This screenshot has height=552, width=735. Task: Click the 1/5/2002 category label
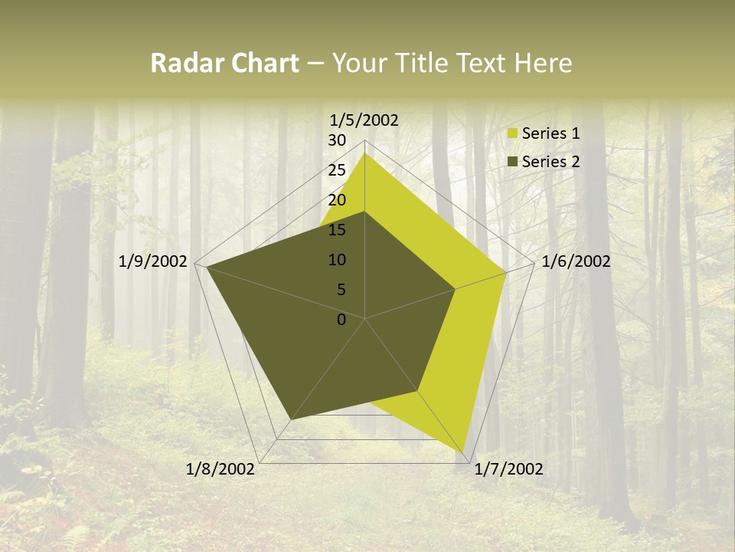coord(364,120)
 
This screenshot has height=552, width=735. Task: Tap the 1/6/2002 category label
coord(576,261)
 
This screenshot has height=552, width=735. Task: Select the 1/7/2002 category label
coord(508,469)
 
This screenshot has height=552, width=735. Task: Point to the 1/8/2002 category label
coord(220,469)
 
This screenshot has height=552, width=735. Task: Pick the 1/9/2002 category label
coord(153,261)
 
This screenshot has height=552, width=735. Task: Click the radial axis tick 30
coord(337,140)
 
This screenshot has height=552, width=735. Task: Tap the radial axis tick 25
coord(337,170)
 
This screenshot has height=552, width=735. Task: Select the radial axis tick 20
coord(337,200)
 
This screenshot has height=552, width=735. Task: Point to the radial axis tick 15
coord(337,230)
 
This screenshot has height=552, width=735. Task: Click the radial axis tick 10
coord(337,260)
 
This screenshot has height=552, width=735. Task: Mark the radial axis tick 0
coord(341,320)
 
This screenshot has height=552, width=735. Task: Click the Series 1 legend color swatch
coord(513,134)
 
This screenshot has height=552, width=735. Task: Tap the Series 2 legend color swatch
coord(513,162)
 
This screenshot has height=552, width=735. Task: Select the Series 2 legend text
coord(550,162)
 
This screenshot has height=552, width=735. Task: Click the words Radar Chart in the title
coord(224,63)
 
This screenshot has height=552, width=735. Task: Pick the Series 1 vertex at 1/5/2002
coord(364,153)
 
